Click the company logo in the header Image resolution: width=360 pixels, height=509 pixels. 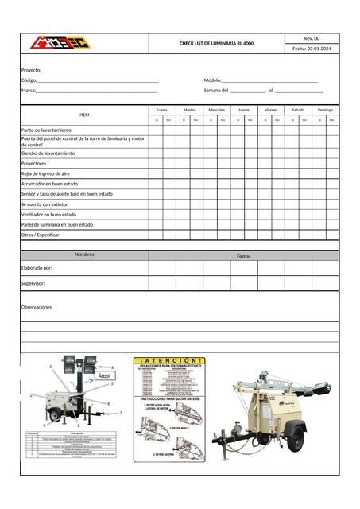[x=57, y=43]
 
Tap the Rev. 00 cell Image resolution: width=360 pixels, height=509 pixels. [x=312, y=38]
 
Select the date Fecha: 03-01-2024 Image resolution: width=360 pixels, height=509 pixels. [x=312, y=49]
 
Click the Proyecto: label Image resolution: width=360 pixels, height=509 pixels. [x=31, y=70]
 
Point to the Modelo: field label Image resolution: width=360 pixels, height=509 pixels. [x=213, y=80]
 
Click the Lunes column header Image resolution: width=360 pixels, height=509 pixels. [x=162, y=110]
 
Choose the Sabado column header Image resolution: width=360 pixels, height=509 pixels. [x=298, y=110]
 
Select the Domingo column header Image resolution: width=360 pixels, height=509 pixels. [x=325, y=110]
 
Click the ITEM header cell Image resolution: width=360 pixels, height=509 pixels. [x=85, y=115]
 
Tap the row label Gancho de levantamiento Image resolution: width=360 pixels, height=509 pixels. [x=48, y=153]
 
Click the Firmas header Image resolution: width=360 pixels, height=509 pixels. [x=244, y=256]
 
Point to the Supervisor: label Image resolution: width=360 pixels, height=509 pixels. [x=33, y=283]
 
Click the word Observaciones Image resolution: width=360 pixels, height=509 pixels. [x=36, y=307]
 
